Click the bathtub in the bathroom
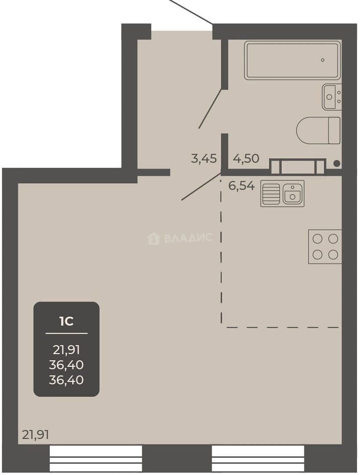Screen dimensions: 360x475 coord(292,60)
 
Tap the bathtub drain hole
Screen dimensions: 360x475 coord(323,60)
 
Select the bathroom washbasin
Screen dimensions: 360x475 coord(331,97)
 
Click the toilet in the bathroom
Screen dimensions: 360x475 coord(319,130)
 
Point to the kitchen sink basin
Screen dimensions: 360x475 coord(292,194)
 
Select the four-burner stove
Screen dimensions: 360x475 coord(325,247)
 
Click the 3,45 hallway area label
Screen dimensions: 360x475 coord(204,158)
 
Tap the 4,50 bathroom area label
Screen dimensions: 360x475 coord(246,158)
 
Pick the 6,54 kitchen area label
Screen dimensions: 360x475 coord(241,186)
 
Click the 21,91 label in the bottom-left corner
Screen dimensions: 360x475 coord(36,435)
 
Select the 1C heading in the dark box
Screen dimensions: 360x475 coord(67,321)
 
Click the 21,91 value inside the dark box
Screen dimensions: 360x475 coord(66,350)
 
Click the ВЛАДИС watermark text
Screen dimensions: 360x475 coord(188,238)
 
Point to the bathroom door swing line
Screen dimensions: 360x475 coord(211,108)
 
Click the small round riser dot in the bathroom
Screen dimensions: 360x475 coord(337,164)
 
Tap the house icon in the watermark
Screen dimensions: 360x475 coord(154,238)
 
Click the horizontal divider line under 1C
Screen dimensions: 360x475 coord(67,333)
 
